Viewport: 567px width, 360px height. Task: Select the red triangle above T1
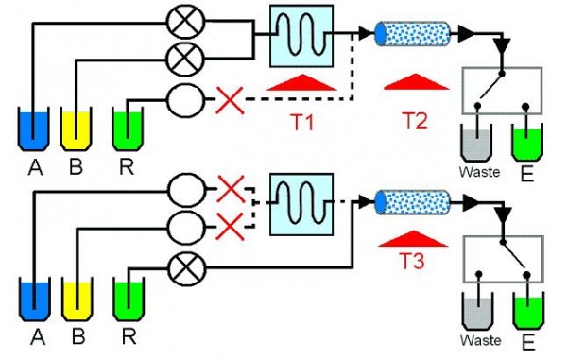[302, 85]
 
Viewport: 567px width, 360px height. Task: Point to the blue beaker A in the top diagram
[34, 130]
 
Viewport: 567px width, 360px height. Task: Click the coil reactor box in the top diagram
[302, 36]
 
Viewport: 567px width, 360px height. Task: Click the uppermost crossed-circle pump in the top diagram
[180, 19]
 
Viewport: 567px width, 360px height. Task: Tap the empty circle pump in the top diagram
[180, 97]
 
